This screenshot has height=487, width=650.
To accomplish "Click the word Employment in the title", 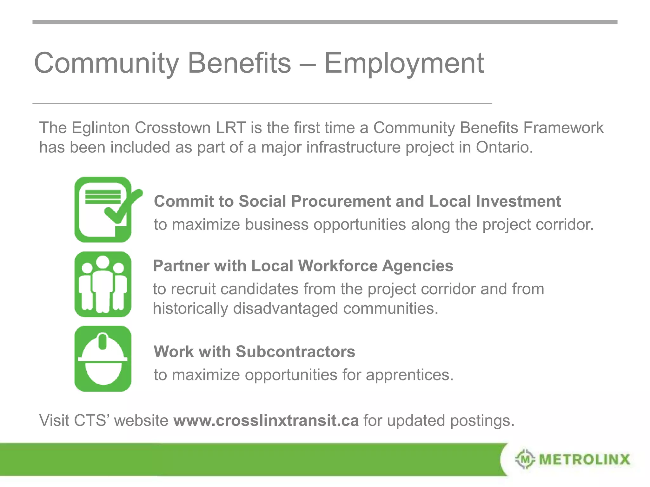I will click(404, 63).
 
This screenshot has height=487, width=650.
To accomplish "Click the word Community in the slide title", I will click(106, 63).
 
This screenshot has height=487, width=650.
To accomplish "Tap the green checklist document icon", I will click(103, 210).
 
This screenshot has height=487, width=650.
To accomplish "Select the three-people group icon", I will click(103, 284).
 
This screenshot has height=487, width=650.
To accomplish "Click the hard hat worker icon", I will click(103, 359).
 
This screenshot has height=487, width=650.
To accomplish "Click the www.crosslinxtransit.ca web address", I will click(266, 420).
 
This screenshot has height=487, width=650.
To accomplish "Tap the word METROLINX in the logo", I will click(584, 459).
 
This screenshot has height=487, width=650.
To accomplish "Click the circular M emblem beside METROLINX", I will click(525, 459).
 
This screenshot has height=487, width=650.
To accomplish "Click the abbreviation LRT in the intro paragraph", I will click(231, 128).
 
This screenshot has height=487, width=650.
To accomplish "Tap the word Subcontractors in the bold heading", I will click(295, 352).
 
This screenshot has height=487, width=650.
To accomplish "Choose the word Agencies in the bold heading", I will click(417, 266).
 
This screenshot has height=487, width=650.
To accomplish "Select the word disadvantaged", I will click(285, 308).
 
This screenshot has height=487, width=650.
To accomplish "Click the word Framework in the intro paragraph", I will click(563, 128).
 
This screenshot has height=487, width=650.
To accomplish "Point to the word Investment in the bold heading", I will click(518, 201).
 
